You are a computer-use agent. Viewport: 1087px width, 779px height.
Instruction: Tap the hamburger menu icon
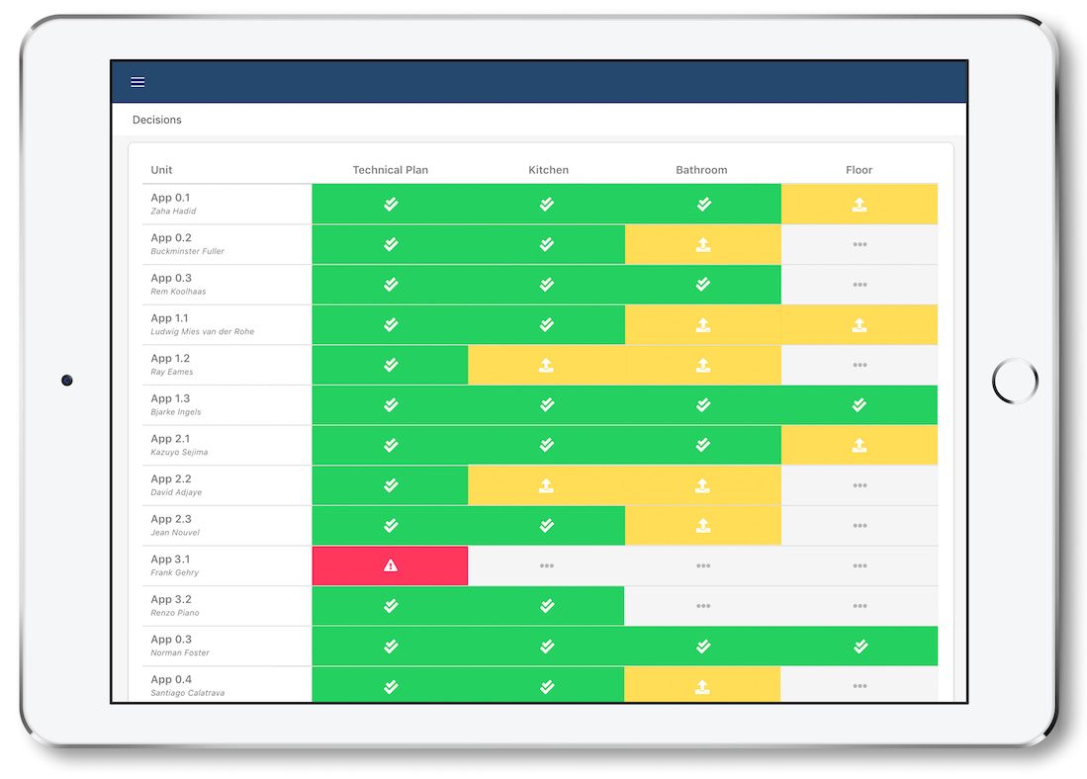[137, 82]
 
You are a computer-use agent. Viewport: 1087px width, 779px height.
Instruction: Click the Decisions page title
[157, 120]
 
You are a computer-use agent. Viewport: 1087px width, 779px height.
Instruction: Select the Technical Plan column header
[391, 170]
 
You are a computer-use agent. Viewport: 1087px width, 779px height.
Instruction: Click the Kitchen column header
[548, 170]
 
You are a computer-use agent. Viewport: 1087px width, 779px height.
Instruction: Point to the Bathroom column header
[701, 170]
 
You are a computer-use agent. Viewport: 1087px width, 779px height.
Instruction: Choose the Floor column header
[859, 170]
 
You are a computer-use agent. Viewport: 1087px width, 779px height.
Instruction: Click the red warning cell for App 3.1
[390, 565]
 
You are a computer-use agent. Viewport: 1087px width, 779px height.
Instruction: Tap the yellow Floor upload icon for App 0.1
[860, 205]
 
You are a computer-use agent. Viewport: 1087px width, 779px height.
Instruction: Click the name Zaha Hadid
[173, 212]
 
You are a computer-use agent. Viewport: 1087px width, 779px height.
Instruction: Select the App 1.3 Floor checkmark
[860, 404]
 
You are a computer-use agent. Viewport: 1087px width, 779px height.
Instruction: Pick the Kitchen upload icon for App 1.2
[546, 365]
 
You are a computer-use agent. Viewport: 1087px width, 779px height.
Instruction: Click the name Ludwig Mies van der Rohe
[202, 332]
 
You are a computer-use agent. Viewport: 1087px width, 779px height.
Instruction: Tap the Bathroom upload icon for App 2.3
[702, 525]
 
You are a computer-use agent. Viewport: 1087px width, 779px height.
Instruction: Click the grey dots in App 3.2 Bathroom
[702, 606]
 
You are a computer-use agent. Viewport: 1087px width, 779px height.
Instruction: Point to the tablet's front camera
[67, 380]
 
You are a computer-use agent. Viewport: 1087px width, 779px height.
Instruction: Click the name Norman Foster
[180, 653]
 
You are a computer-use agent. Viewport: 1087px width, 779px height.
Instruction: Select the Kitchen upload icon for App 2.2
[546, 485]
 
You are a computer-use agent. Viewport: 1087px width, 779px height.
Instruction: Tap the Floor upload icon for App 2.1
[860, 445]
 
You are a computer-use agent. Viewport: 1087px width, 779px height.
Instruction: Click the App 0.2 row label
[171, 238]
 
